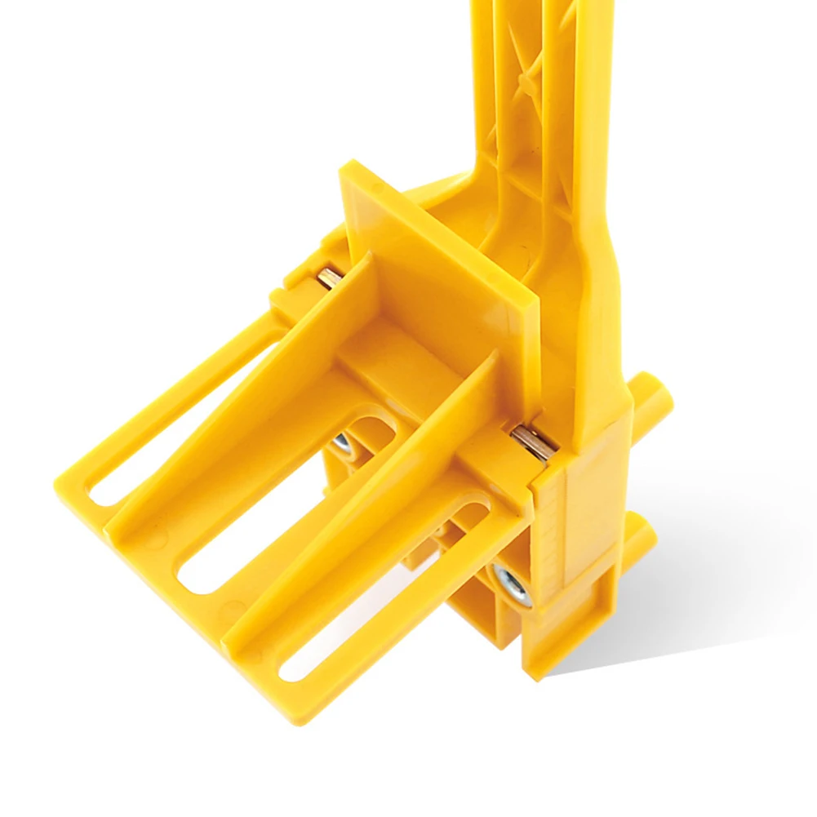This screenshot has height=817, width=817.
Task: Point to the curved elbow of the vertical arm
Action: tap(482, 204)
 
